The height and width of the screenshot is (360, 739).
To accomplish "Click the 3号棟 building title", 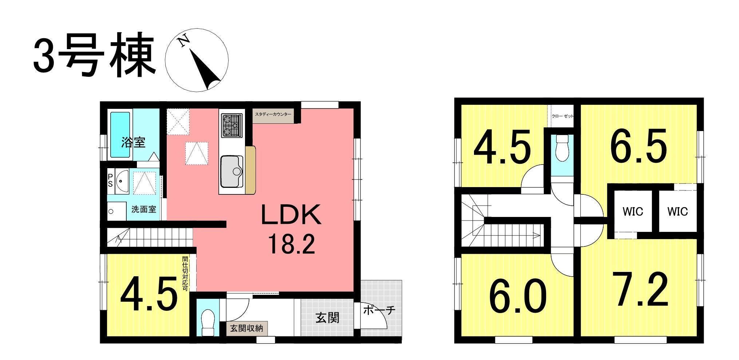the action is click(x=95, y=55).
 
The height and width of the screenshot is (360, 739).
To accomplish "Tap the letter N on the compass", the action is click(x=184, y=40).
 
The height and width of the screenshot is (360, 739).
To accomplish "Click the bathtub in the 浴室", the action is click(x=120, y=135).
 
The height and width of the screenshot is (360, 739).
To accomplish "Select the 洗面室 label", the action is click(x=144, y=209).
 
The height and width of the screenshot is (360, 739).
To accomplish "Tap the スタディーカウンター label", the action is click(x=273, y=114).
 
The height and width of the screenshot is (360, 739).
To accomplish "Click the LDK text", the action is click(x=291, y=215).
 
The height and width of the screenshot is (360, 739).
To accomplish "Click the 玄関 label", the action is click(x=327, y=318).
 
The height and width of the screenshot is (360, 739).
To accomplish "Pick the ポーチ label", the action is click(x=379, y=310).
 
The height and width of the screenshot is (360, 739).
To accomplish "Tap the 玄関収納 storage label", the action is click(x=246, y=328).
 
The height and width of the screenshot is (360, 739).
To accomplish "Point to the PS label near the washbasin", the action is click(x=110, y=180).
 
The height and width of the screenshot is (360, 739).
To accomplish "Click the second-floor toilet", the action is click(x=562, y=148).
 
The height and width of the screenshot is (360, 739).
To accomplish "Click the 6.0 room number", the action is click(x=518, y=296).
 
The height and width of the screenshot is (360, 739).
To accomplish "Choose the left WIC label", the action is click(x=633, y=211).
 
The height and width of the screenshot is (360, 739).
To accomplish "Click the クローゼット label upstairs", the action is click(x=562, y=116).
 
